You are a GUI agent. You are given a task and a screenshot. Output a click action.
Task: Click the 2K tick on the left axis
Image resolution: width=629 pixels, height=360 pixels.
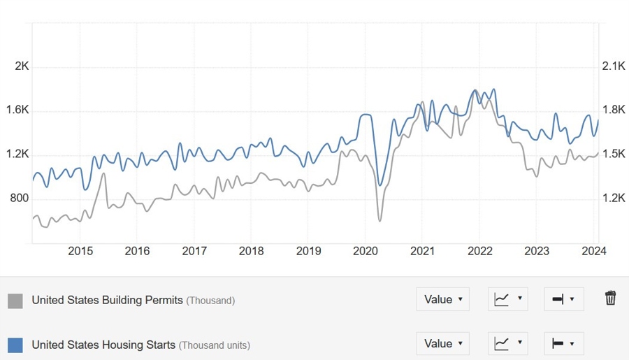22,66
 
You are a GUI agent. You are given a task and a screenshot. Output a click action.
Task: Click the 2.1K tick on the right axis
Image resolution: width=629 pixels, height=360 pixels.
613,66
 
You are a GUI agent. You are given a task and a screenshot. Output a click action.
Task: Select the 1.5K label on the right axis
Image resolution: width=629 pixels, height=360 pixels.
613,154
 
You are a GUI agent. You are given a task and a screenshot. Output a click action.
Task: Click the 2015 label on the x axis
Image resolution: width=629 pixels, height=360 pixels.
80,252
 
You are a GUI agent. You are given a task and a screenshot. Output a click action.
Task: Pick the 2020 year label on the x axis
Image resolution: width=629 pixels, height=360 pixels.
366,252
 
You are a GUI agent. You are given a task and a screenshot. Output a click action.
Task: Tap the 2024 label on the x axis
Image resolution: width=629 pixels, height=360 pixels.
594,252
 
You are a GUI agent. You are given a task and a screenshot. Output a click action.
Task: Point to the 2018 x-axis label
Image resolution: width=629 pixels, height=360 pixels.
252,252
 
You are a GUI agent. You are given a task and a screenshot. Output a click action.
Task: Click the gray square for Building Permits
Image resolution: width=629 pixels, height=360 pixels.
15,301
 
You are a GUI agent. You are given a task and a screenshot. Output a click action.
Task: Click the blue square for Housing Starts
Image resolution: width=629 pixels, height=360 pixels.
15,345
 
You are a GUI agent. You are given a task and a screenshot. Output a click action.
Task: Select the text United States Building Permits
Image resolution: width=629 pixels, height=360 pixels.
107,301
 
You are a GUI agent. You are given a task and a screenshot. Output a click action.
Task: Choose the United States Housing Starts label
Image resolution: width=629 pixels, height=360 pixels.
104,345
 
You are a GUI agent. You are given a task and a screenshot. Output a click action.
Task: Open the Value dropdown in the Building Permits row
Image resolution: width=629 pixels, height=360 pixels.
443,299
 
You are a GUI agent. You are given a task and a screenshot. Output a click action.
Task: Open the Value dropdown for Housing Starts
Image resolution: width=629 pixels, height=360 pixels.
443,343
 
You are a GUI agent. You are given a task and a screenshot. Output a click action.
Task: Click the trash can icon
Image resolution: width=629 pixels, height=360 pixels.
610,298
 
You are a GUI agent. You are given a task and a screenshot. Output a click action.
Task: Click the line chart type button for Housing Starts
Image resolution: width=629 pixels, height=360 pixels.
507,343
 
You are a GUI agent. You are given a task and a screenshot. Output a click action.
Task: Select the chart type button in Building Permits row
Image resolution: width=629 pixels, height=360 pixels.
507,299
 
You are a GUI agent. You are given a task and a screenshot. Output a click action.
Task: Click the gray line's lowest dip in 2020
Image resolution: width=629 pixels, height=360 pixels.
379,221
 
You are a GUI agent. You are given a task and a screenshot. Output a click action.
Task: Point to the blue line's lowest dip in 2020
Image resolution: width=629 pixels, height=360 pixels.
380,185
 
